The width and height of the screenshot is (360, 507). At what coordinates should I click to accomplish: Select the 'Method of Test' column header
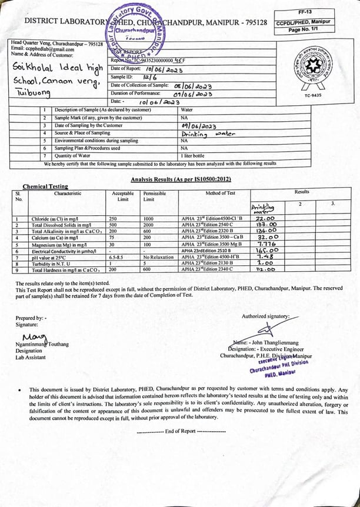221,194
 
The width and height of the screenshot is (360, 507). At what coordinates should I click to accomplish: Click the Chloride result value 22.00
266,219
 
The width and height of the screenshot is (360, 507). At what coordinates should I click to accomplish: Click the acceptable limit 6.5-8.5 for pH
119,257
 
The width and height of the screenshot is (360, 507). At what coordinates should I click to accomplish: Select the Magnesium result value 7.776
267,244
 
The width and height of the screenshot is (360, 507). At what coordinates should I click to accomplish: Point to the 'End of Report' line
181,431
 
